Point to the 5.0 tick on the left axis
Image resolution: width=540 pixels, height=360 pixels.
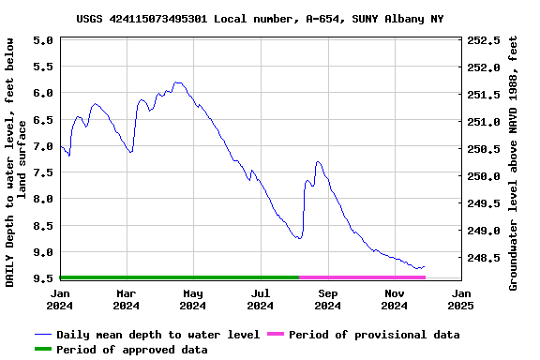tap(42, 40)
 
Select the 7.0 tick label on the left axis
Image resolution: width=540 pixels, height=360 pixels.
tap(42, 146)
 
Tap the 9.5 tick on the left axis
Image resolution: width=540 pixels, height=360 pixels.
tap(42, 278)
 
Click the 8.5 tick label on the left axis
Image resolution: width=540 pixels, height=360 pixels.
tap(42, 226)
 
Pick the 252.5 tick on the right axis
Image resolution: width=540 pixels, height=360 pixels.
tap(484, 40)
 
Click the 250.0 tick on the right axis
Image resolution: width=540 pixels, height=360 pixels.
tap(484, 176)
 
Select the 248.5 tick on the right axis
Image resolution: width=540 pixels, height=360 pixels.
tap(484, 258)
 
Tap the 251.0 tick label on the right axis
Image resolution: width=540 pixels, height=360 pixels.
tap(484, 122)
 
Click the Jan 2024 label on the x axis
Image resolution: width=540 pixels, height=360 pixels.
tap(60, 298)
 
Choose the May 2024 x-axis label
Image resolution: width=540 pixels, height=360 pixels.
tap(192, 298)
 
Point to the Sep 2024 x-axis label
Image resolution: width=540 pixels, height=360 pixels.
tap(327, 298)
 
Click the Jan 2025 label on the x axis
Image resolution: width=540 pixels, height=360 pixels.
tap(460, 298)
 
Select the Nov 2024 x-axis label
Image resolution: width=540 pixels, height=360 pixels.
tap(395, 298)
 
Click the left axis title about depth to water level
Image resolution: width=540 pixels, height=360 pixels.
tap(16, 161)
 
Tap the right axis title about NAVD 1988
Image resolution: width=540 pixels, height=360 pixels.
tap(513, 161)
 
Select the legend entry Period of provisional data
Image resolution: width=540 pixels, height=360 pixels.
tap(374, 335)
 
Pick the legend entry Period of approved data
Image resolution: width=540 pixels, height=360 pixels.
tap(131, 350)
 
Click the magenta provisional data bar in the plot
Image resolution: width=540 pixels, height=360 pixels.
tap(362, 277)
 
